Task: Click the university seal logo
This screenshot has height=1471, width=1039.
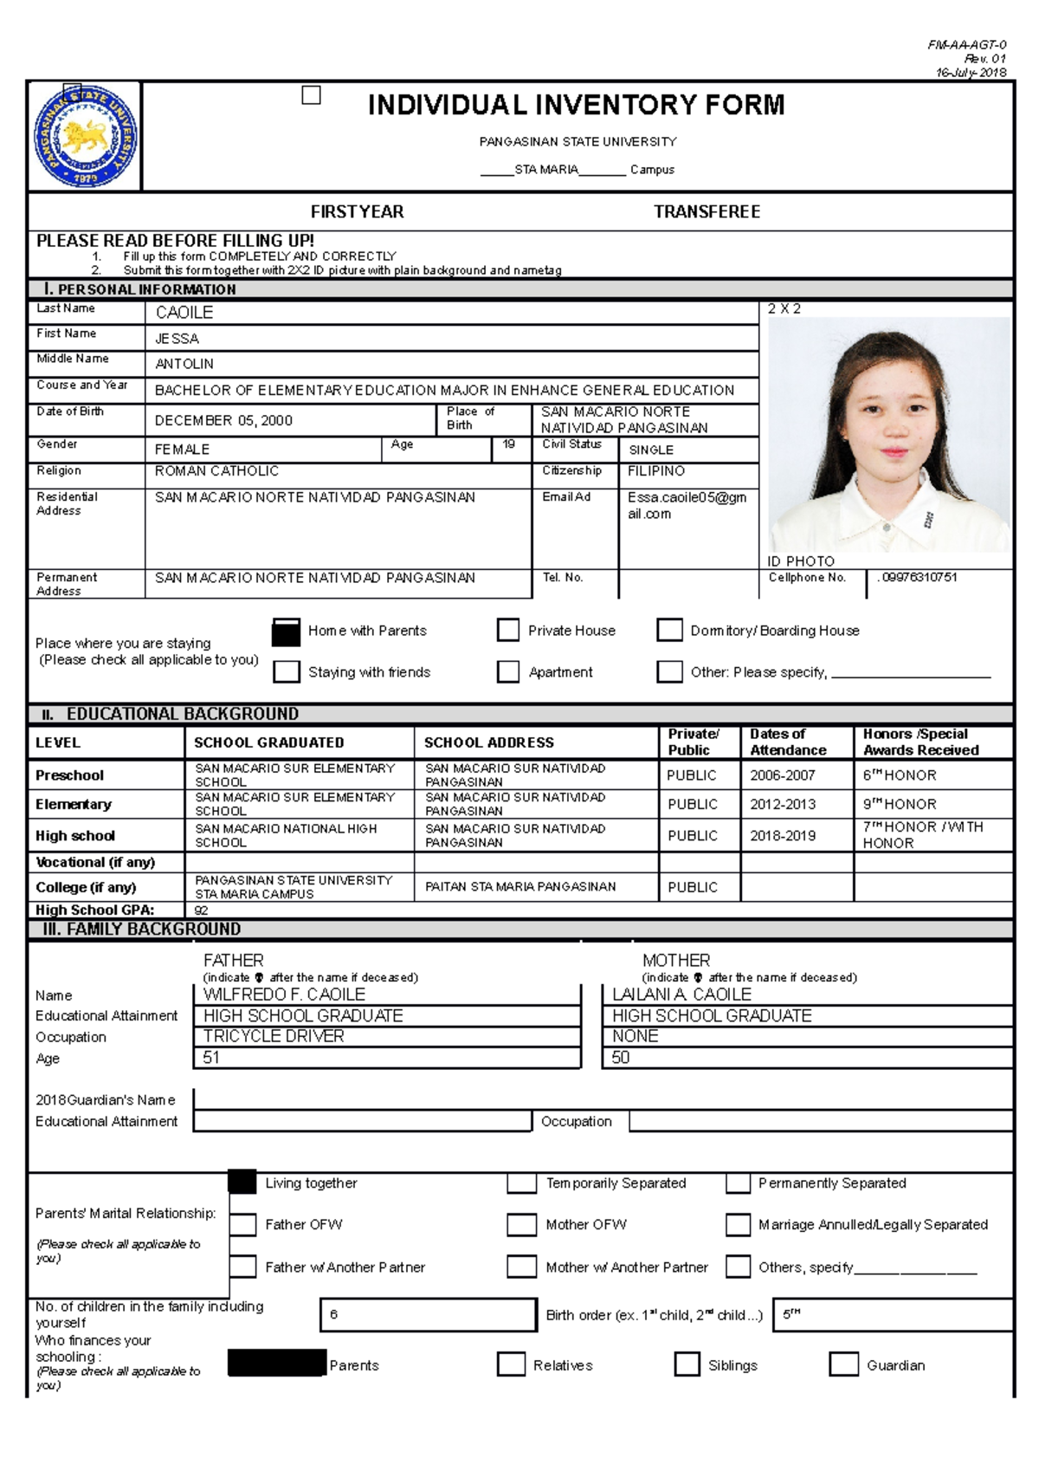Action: coord(85,136)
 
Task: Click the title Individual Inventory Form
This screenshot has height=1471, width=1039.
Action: coord(576,105)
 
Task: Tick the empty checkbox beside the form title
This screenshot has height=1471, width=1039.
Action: coord(311,95)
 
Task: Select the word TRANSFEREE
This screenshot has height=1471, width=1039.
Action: coord(707,211)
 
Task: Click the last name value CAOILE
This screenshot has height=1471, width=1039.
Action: coord(184,313)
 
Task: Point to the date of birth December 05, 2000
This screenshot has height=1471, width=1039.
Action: coord(223,421)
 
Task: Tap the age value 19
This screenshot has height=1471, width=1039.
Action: coord(509,444)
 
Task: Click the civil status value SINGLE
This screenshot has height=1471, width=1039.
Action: coord(651,450)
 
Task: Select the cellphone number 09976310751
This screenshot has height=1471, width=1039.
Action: coord(918,577)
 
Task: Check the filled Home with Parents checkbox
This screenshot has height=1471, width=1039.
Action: coord(286,632)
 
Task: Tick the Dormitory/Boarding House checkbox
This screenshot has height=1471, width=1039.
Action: coord(669,630)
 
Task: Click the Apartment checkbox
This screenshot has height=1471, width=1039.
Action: coord(507,671)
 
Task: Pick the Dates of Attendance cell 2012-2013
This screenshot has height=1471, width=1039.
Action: coord(783,804)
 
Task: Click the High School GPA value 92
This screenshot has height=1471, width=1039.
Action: coord(202,910)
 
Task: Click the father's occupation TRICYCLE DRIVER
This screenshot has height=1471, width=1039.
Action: coord(274,1036)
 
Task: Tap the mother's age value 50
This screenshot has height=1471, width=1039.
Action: coord(621,1058)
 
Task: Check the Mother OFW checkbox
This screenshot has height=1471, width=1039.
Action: coord(521,1224)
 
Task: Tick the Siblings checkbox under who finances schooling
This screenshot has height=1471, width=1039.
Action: coord(687,1364)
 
